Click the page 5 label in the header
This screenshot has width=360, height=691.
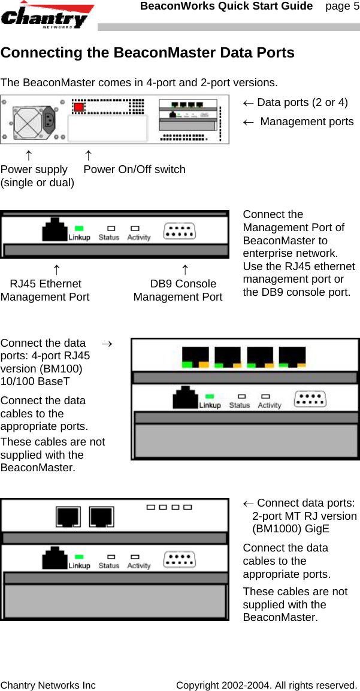tap(342, 7)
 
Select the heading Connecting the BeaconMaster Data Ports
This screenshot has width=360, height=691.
tap(147, 53)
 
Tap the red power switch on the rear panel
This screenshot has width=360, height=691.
tap(78, 107)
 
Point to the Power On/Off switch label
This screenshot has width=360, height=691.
tap(134, 169)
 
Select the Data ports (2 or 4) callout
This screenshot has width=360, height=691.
tap(295, 102)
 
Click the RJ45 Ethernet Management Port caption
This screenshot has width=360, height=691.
tap(46, 290)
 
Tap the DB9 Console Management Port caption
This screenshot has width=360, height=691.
tap(178, 290)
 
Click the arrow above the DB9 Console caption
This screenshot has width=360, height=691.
tap(185, 270)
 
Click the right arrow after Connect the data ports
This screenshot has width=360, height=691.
tap(107, 344)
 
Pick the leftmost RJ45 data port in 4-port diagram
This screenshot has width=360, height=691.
tap(195, 356)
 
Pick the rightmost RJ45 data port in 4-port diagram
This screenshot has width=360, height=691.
tap(292, 356)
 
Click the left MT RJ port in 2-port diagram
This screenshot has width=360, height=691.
tap(68, 516)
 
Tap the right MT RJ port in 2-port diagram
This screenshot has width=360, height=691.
tap(102, 516)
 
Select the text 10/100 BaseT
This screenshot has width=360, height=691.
tap(35, 381)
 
